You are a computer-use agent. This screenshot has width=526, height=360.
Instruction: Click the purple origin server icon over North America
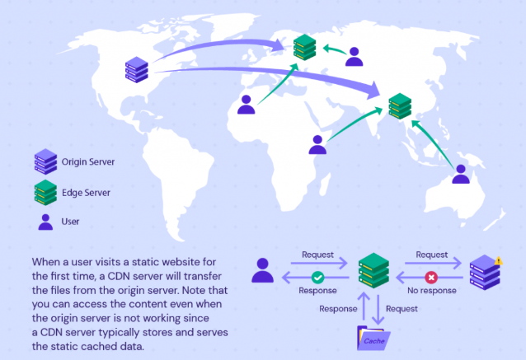[x=136, y=69]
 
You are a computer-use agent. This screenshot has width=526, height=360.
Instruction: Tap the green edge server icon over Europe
[x=305, y=47]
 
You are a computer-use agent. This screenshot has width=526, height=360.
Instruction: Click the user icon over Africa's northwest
[x=246, y=105]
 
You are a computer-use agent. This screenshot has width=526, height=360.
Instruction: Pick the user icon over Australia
[x=461, y=174]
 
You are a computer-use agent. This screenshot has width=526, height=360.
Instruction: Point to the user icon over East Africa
[x=317, y=144]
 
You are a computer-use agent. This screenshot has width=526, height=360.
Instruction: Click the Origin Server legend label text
[x=87, y=161]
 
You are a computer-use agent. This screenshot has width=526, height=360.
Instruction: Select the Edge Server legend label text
[x=84, y=192]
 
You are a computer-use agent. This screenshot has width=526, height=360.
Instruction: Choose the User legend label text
[x=71, y=222]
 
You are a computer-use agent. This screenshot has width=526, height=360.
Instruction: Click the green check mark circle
[x=317, y=278]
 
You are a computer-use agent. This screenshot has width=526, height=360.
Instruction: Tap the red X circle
[x=429, y=278]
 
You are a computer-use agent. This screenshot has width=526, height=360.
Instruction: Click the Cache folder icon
[x=374, y=339]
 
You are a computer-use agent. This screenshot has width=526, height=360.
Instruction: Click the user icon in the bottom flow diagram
[x=263, y=270]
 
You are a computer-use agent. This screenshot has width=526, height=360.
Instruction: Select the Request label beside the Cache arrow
[x=402, y=309]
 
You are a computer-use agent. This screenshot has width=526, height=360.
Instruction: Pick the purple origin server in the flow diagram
[x=485, y=273]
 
